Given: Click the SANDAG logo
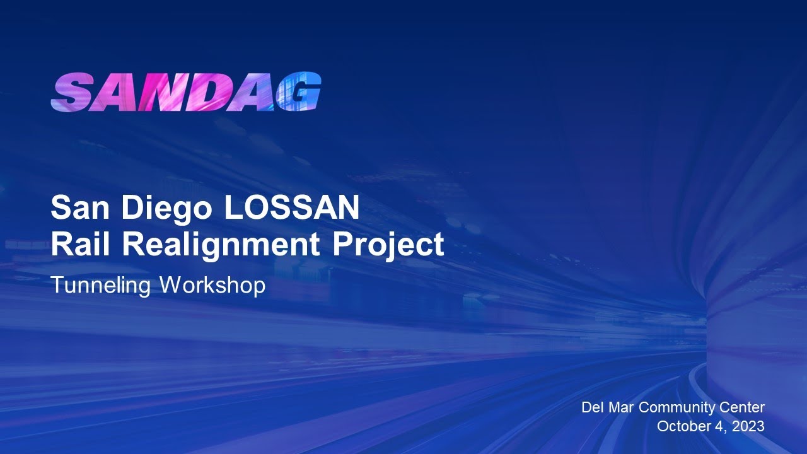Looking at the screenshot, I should click(x=186, y=93).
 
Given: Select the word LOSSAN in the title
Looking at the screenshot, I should click(x=291, y=207).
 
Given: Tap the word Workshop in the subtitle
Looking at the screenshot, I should click(x=212, y=286).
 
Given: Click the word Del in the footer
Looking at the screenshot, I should click(x=593, y=407).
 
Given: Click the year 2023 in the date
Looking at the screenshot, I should click(x=748, y=426).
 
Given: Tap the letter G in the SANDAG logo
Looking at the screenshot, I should click(x=299, y=93).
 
